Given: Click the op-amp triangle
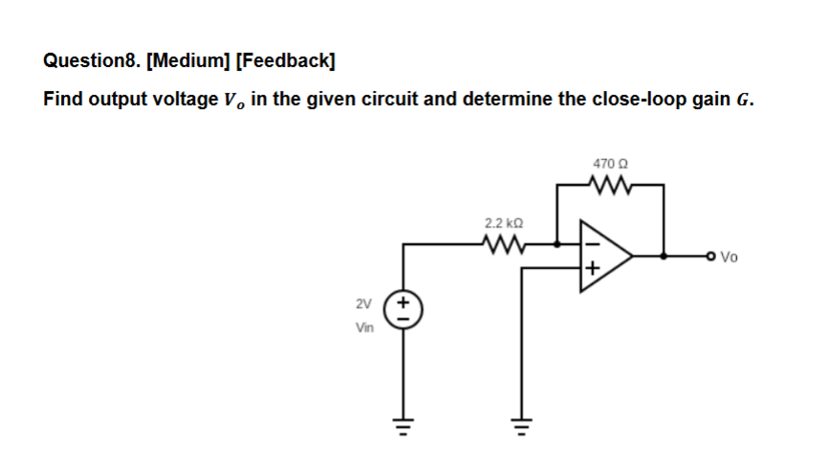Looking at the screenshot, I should coord(602,256).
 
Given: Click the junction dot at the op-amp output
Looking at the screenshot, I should coord(665,257).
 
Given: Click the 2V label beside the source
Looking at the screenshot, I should coord(363,304).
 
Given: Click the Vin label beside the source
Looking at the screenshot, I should coord(364,326).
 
